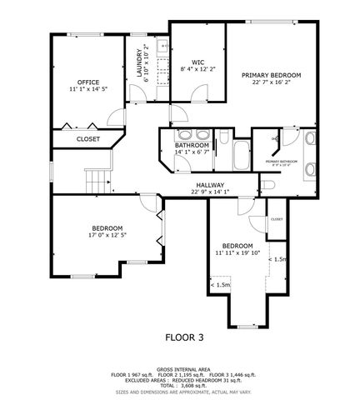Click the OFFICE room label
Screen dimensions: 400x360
click(88, 82)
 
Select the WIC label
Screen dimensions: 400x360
click(197, 62)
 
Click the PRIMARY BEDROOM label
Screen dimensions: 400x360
click(272, 75)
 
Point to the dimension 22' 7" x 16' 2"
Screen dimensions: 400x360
click(272, 82)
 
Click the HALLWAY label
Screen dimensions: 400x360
click(209, 185)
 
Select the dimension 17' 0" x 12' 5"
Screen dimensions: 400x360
click(107, 235)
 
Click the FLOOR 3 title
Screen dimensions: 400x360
click(184, 337)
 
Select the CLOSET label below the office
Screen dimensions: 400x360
click(88, 139)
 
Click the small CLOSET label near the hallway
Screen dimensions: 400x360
click(276, 219)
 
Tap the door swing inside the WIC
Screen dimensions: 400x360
click(179, 115)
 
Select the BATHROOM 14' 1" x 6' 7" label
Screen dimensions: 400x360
click(192, 148)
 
